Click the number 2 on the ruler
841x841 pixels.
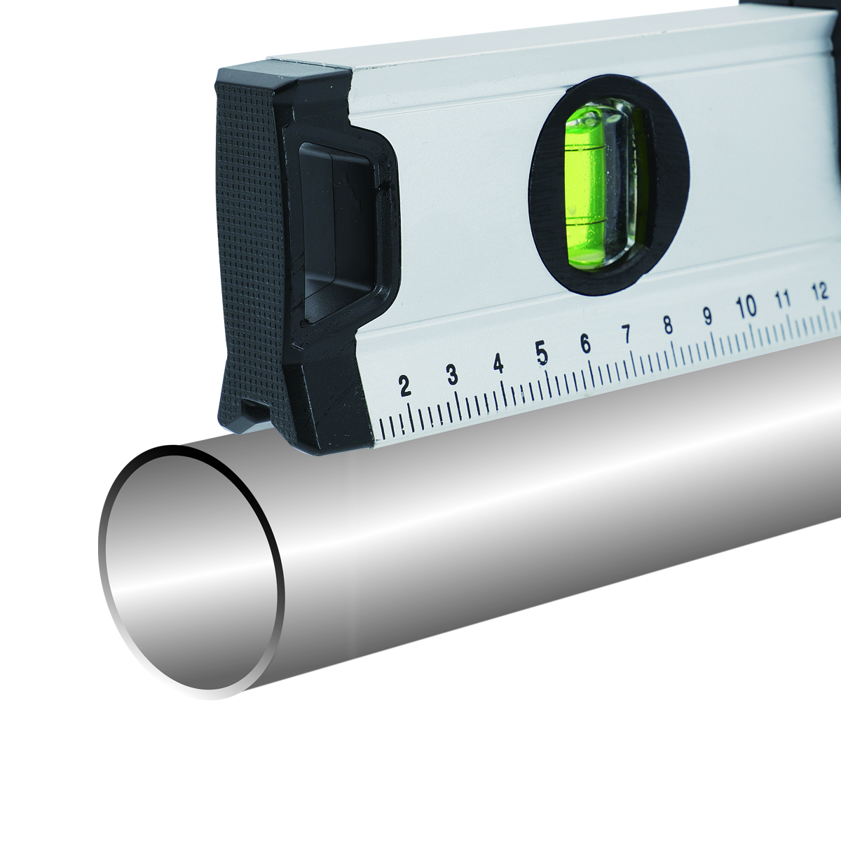pyautogui.click(x=404, y=385)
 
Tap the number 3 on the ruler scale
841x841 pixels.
pyautogui.click(x=452, y=375)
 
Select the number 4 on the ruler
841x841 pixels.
pyautogui.click(x=498, y=363)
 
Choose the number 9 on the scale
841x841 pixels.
pyautogui.click(x=707, y=316)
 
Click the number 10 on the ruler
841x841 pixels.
pyautogui.click(x=746, y=307)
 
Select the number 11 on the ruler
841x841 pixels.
pyautogui.click(x=783, y=299)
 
